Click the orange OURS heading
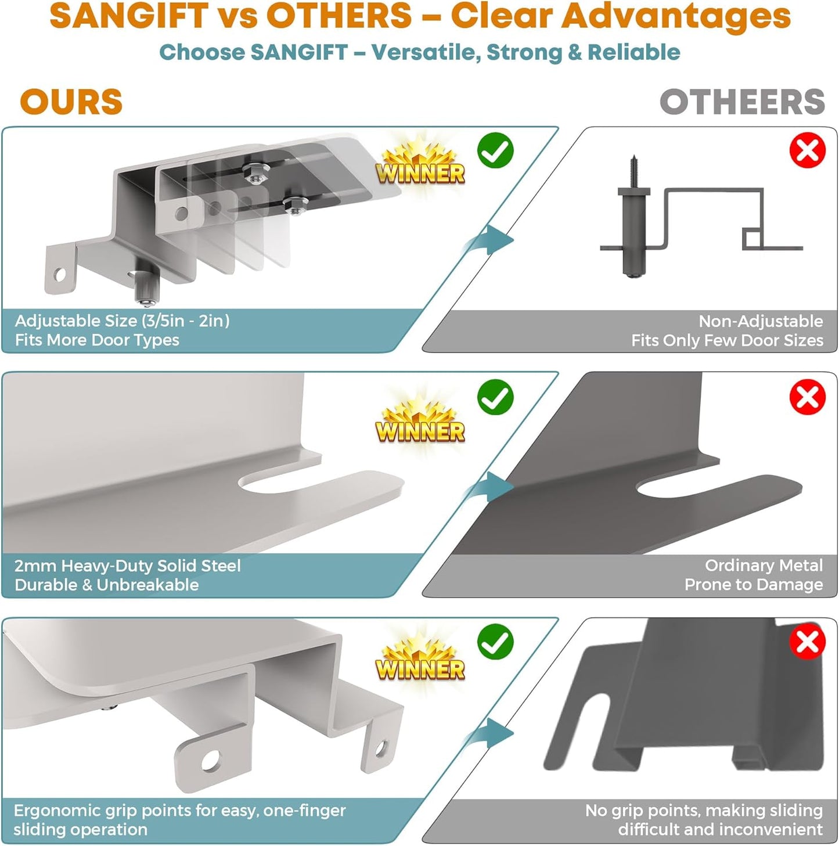click(71, 102)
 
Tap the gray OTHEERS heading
click(742, 102)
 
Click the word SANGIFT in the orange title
click(129, 16)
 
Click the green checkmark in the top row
click(495, 150)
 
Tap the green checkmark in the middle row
click(495, 397)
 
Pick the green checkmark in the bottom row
click(495, 642)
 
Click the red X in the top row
click(808, 150)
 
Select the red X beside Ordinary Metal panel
click(808, 397)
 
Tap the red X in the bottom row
click(808, 642)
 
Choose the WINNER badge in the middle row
click(420, 423)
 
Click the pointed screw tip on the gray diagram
click(633, 156)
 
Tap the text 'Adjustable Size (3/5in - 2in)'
click(122, 321)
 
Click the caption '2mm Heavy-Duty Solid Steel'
click(127, 566)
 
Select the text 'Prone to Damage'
click(754, 585)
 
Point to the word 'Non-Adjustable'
click(761, 321)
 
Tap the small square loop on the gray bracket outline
click(752, 239)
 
